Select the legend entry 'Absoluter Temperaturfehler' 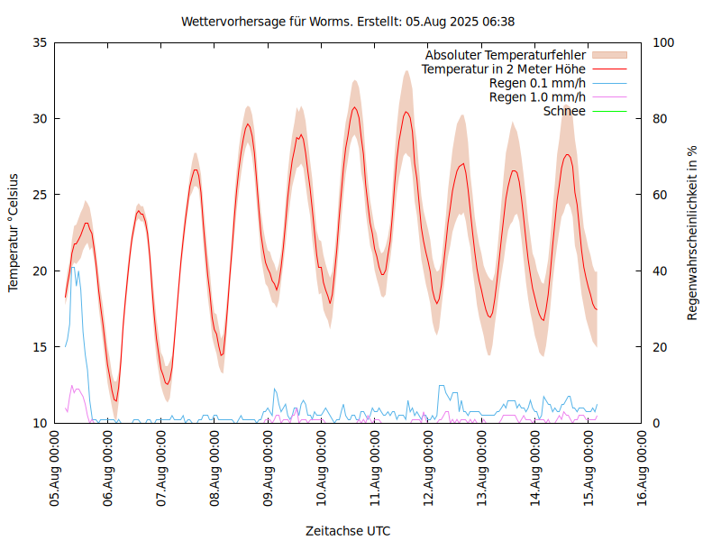point(506,55)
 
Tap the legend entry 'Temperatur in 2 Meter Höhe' point(504,69)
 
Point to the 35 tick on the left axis point(39,42)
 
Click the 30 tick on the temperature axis point(39,118)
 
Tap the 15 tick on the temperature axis point(39,347)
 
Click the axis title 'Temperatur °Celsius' point(14,233)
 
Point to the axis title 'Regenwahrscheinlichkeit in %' point(693,233)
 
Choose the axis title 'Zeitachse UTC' point(348,530)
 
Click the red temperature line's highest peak point(355,107)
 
